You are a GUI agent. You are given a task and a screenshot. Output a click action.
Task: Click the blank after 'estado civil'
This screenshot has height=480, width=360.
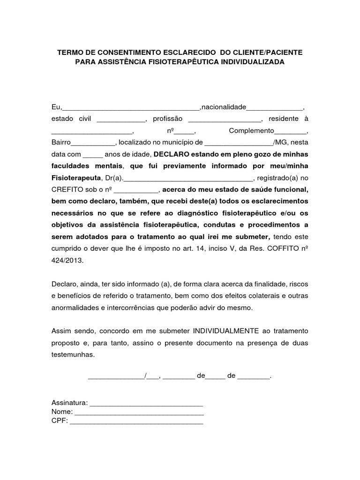(121, 119)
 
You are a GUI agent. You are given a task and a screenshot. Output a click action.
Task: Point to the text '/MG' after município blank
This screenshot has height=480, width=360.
(282, 142)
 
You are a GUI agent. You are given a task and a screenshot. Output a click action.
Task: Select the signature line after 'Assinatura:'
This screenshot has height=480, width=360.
(146, 403)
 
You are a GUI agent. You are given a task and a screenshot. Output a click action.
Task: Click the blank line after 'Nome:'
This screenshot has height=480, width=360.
(139, 412)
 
